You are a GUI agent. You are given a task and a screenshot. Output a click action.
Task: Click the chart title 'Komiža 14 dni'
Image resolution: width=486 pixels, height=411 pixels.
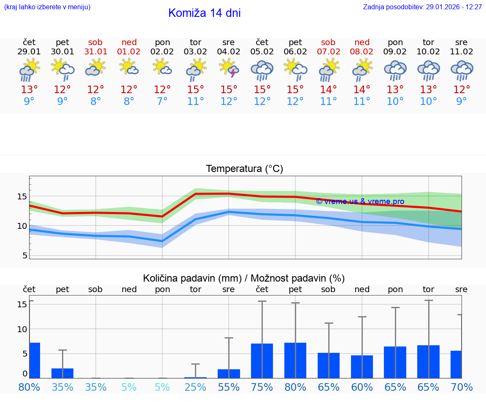click(x=204, y=13)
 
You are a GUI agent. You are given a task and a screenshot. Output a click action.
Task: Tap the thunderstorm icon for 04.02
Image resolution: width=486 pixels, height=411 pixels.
click(x=229, y=69)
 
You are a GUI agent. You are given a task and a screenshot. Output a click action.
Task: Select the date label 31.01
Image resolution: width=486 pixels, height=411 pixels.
click(x=96, y=52)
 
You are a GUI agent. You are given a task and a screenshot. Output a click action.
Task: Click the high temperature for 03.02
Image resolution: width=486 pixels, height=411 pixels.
click(x=195, y=90)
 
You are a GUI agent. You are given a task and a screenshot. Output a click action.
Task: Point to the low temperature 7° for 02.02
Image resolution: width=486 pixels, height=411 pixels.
click(x=162, y=102)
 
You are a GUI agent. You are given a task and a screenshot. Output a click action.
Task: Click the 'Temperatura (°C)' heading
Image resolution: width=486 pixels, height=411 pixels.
click(x=244, y=169)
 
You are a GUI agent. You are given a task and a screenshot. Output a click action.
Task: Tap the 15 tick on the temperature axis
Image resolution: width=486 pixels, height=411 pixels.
click(x=22, y=196)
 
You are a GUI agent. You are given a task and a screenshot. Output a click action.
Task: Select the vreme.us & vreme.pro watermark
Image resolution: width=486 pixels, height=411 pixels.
click(x=360, y=201)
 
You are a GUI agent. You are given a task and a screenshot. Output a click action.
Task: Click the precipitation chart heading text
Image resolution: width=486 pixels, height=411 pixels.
click(x=244, y=278)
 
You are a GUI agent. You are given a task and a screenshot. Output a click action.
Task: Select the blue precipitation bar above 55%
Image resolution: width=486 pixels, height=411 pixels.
click(x=229, y=373)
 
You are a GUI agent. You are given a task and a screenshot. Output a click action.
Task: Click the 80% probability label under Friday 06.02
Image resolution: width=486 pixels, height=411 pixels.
click(x=295, y=387)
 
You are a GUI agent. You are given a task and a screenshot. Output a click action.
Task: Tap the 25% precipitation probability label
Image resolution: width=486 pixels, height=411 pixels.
click(x=195, y=387)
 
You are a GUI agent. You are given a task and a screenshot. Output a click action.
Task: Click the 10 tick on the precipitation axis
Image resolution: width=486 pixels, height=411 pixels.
click(x=22, y=329)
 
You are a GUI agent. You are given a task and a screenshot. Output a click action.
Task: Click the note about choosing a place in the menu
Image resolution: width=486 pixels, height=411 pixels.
click(x=47, y=7)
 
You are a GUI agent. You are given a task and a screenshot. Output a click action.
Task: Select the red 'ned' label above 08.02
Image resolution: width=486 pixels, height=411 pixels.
click(x=362, y=42)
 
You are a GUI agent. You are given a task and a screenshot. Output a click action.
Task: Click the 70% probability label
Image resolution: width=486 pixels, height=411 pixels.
click(x=462, y=387)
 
